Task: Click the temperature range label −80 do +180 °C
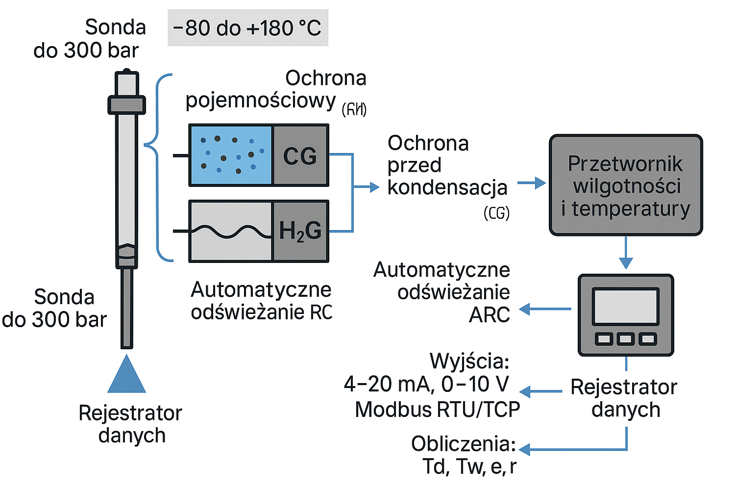coord(247,28)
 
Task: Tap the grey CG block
coord(300,155)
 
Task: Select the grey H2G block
coord(300,231)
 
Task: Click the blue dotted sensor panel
coord(231,155)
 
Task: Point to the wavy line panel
coord(231,231)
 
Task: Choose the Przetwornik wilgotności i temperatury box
coord(625,185)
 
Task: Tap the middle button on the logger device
coord(626,338)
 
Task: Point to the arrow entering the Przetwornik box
coord(532,183)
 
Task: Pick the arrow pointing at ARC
coord(544,309)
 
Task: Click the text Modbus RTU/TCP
coord(437,410)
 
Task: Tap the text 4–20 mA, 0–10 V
coord(426,384)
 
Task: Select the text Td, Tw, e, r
coord(469,466)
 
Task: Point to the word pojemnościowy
coord(260,101)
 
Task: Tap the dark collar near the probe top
coord(126,105)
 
